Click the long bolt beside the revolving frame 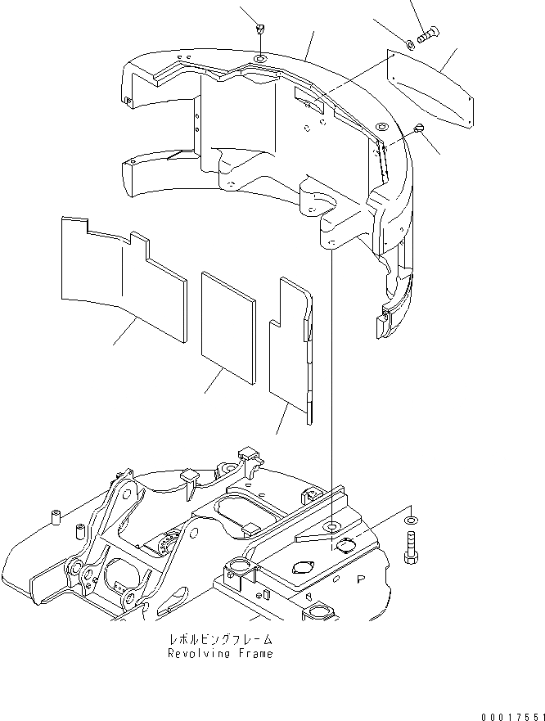[412, 548]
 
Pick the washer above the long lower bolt [409, 519]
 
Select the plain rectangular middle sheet [229, 326]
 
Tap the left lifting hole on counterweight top [259, 61]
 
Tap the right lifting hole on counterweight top [382, 128]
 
